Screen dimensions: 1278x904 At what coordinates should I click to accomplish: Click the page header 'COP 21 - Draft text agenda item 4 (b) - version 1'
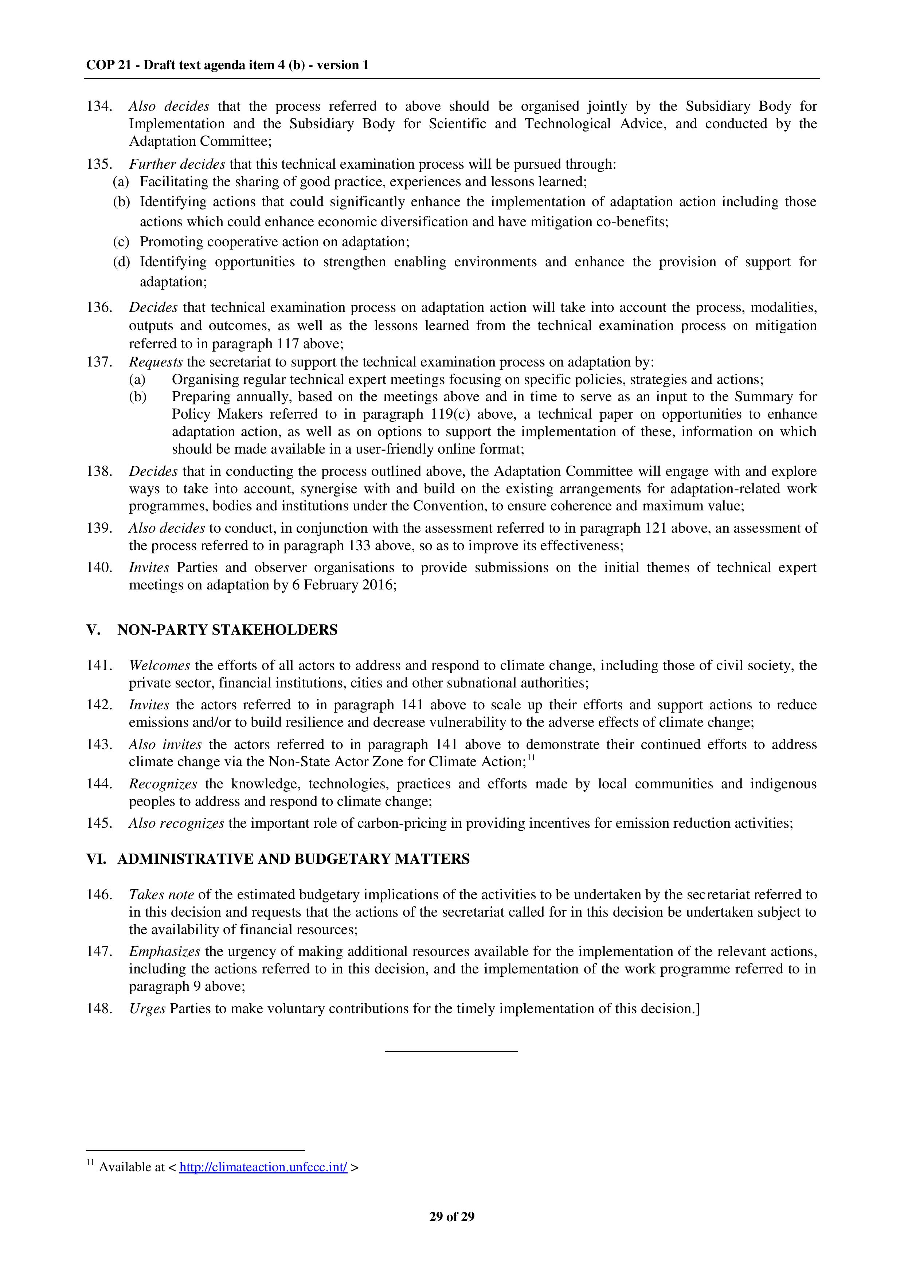coord(227,65)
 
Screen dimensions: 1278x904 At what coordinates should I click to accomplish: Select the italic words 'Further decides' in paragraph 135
coord(177,164)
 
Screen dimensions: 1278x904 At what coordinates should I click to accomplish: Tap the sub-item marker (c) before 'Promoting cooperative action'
coord(121,242)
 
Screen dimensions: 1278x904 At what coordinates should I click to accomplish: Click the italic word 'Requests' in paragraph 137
coord(156,362)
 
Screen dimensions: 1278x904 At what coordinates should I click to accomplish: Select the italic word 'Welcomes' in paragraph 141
coord(160,665)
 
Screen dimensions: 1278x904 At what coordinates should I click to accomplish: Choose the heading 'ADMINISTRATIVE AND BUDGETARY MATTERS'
coord(293,859)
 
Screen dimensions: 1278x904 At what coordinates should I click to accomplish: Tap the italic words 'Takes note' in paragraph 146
coord(161,894)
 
